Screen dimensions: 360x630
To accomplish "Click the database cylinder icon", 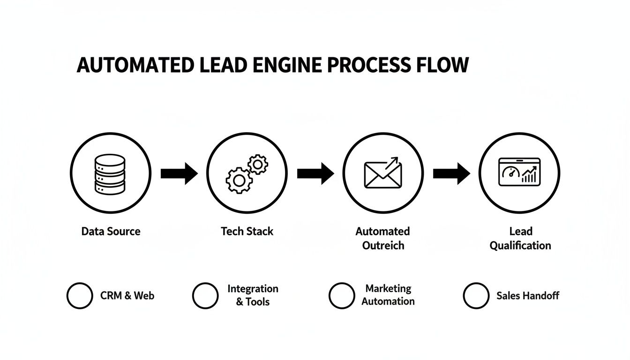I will [x=110, y=174].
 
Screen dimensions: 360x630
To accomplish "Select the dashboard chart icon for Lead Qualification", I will [x=519, y=172].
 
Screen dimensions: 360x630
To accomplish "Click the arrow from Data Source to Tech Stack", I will [x=179, y=174].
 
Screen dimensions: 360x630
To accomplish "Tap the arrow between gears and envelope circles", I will [x=315, y=174].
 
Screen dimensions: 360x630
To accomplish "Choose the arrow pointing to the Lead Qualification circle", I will [x=451, y=174].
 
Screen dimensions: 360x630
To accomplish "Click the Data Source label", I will [x=111, y=231].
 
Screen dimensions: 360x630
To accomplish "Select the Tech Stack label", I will [x=247, y=231].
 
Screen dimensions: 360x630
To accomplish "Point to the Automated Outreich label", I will [x=383, y=238].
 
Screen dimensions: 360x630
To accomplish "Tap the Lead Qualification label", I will [x=520, y=238].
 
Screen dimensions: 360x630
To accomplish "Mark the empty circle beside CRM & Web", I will [x=80, y=296].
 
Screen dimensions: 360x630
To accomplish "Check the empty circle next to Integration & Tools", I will [x=205, y=296].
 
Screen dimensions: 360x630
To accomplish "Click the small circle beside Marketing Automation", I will [x=342, y=296].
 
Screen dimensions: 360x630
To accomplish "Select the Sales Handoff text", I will [x=528, y=296].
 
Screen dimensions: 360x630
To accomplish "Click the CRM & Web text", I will [x=127, y=296].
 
